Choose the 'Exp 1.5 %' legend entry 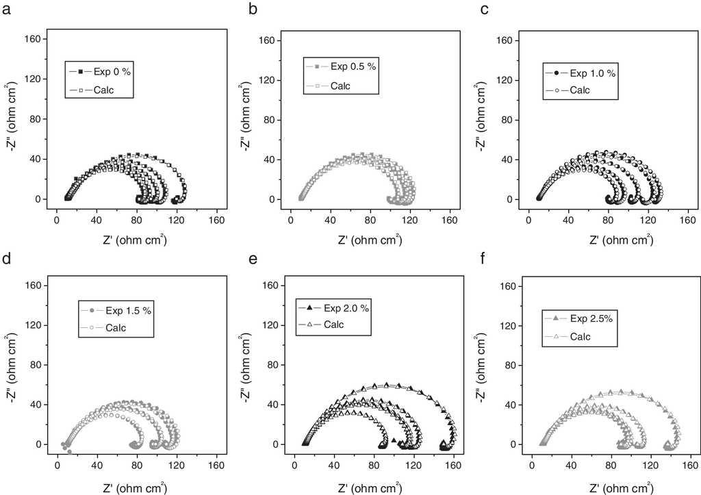[x=128, y=311]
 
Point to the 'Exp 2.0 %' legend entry [x=346, y=307]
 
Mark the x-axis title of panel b [x=370, y=240]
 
